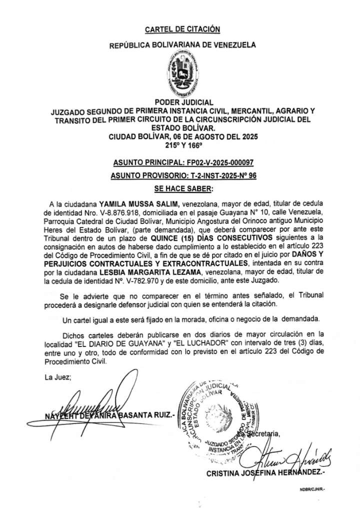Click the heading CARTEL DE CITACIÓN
point(182,29)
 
